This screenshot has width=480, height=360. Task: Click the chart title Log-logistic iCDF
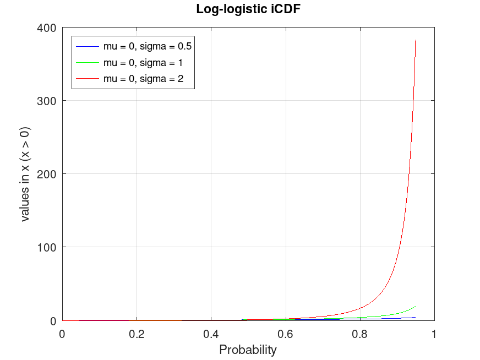click(248, 9)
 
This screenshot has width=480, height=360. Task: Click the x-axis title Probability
click(248, 350)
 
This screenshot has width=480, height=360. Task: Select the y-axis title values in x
click(25, 174)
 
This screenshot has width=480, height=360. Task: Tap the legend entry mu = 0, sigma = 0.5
click(147, 46)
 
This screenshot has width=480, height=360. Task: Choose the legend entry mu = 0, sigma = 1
click(143, 63)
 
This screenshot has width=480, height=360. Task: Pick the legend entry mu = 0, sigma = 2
click(143, 79)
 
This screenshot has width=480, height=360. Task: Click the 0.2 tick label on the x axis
click(137, 334)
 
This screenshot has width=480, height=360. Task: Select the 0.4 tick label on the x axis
click(211, 334)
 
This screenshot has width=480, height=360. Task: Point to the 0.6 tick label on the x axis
click(286, 334)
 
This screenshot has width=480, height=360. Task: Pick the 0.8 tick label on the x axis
click(360, 334)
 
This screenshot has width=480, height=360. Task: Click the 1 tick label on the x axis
click(434, 334)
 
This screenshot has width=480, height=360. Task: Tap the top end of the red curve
click(416, 40)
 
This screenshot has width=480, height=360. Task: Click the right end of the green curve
click(416, 306)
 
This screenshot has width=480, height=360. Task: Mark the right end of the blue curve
click(416, 317)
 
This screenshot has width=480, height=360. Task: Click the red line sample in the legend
click(88, 79)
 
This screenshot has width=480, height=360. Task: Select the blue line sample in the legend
click(88, 46)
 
